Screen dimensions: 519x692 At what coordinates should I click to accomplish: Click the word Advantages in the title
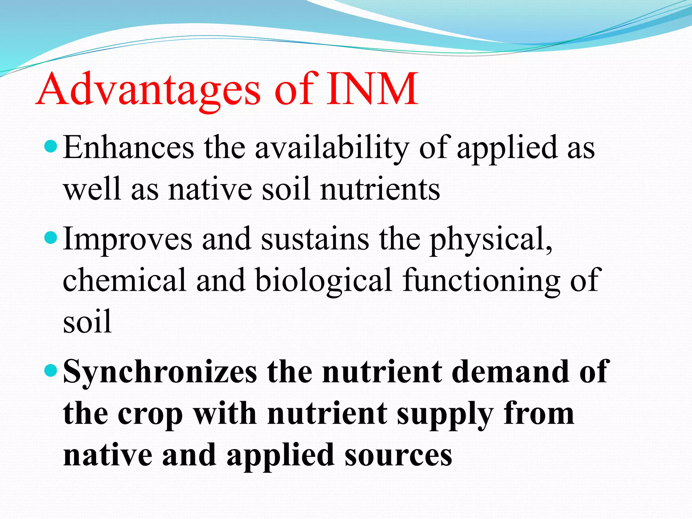(x=149, y=90)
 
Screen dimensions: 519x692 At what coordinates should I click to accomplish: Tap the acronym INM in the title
(x=372, y=90)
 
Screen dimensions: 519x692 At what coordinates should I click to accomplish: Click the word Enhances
(x=129, y=148)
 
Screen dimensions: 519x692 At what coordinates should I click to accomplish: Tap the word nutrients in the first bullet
(x=380, y=189)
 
